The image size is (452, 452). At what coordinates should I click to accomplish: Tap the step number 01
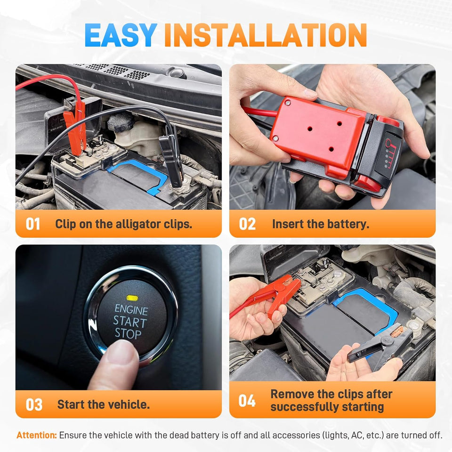(x=33, y=224)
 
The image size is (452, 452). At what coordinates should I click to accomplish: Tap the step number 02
(x=247, y=224)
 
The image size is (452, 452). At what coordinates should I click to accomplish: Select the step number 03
(x=33, y=404)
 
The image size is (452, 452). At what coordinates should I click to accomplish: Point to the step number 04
(x=247, y=401)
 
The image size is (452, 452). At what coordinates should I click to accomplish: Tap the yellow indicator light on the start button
(x=131, y=298)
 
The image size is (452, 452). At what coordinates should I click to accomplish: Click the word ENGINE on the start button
(x=131, y=311)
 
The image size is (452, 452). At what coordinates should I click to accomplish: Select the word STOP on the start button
(x=128, y=334)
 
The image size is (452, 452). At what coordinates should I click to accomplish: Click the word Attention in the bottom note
(x=37, y=435)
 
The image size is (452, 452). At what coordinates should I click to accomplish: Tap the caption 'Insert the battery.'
(x=320, y=224)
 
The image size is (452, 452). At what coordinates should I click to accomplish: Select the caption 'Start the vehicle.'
(x=103, y=404)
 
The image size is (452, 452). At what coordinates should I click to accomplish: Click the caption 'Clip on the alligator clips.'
(x=123, y=224)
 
